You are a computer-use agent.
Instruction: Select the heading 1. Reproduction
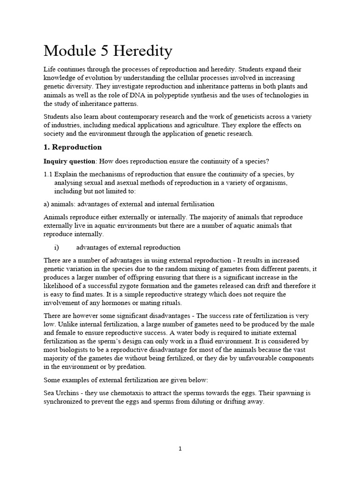click(73, 147)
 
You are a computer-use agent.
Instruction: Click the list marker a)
click(47, 204)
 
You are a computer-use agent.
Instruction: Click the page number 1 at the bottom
click(180, 449)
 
